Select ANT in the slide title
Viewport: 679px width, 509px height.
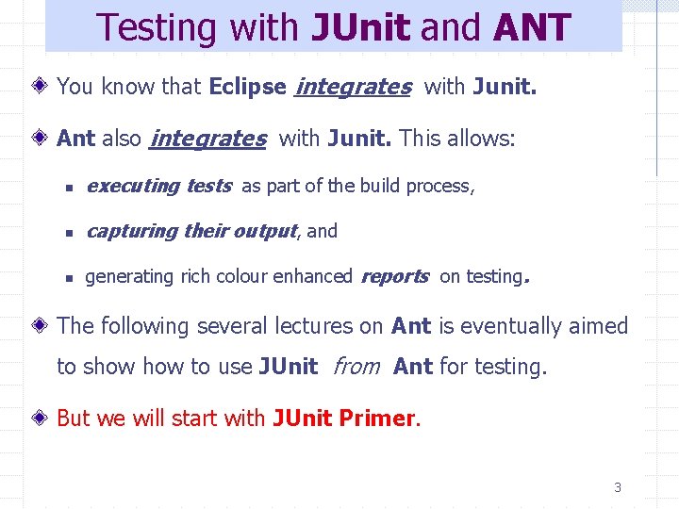click(x=532, y=27)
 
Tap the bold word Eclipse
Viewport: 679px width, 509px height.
click(x=248, y=87)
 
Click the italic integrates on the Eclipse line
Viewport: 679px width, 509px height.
click(x=353, y=87)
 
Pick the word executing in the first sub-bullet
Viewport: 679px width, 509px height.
click(x=131, y=186)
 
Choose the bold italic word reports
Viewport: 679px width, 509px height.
click(x=394, y=276)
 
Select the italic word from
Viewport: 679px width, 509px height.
click(x=356, y=366)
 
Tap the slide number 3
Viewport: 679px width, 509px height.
click(x=618, y=487)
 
